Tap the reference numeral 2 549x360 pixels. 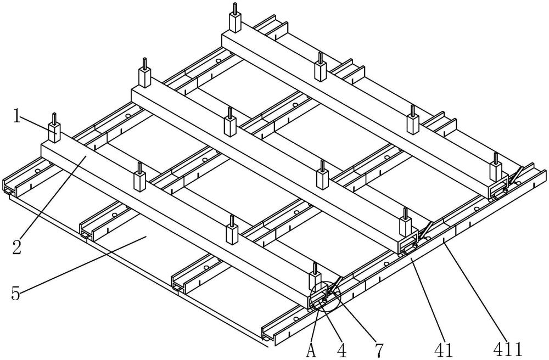click(x=18, y=247)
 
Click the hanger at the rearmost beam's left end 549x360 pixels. click(x=236, y=20)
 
